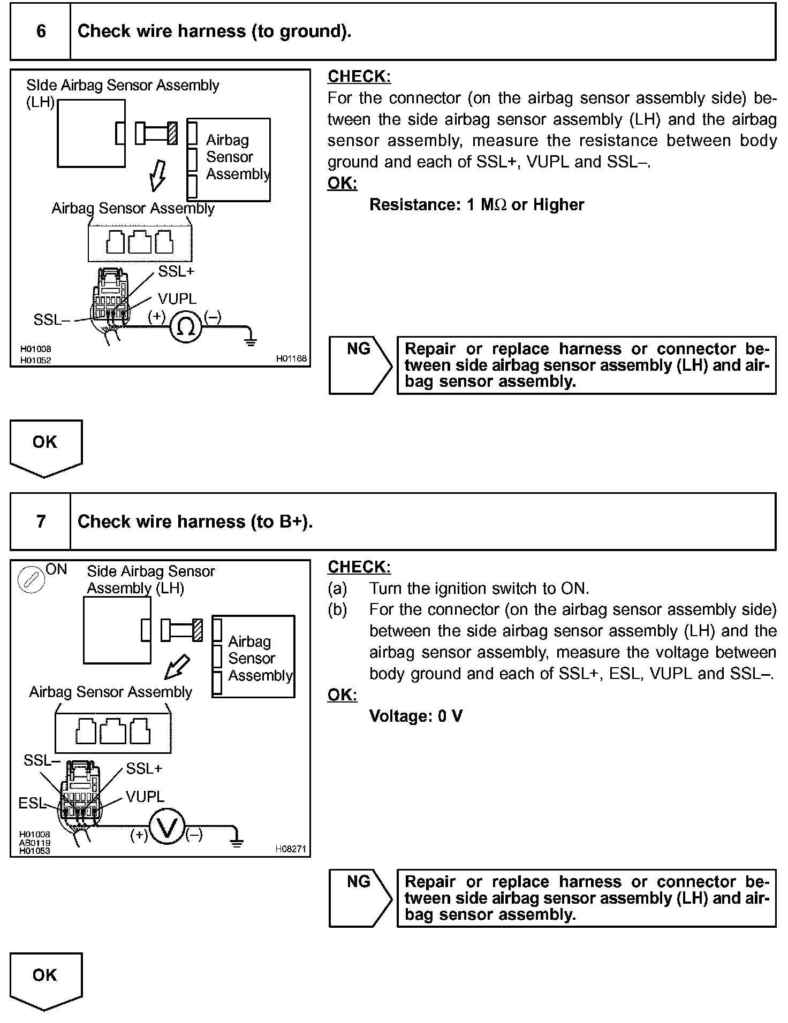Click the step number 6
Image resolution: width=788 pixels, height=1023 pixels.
tap(41, 31)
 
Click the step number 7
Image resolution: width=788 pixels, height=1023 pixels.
tap(41, 521)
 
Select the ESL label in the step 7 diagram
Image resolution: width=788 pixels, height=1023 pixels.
tap(32, 803)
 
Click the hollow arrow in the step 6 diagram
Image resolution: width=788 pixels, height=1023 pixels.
tap(157, 175)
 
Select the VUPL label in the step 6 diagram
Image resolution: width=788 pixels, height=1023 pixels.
tap(177, 299)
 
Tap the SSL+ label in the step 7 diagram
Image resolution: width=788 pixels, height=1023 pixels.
tap(144, 769)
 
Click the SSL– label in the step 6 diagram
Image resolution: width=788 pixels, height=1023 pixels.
tap(51, 320)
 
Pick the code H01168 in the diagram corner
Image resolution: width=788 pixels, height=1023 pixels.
tap(291, 358)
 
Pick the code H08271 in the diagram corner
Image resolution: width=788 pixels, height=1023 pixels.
tap(291, 849)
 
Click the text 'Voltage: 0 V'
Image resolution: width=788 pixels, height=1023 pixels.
tap(415, 716)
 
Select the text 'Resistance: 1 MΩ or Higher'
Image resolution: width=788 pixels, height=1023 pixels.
tap(476, 204)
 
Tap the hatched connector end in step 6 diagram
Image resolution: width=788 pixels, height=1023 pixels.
tap(172, 133)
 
